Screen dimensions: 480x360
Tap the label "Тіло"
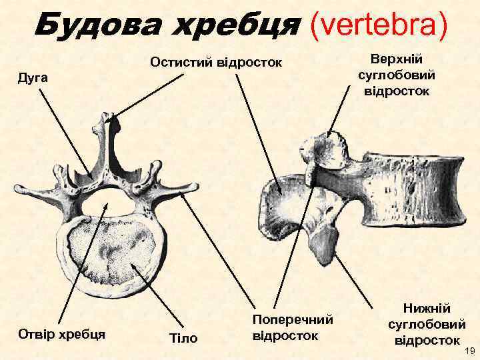[184, 338]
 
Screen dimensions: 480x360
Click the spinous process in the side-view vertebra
[280, 200]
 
